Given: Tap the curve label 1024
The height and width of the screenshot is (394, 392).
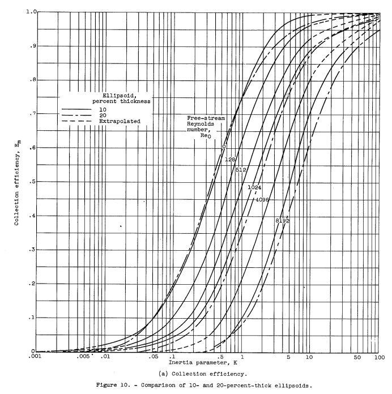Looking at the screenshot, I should tap(254, 186).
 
